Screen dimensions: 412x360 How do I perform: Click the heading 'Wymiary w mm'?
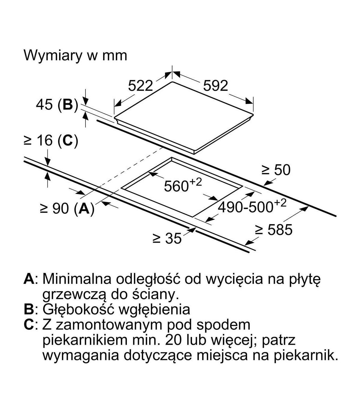point(75,56)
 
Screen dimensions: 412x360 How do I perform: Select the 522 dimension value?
point(140,86)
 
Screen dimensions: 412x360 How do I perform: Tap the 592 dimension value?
point(215,86)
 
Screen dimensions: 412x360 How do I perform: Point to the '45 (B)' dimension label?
point(57,105)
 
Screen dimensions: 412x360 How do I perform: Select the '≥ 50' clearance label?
point(276,170)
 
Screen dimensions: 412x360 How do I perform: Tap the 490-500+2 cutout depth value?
point(252,206)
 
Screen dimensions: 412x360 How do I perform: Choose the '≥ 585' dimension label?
point(273,230)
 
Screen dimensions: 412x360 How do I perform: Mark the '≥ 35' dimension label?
point(167,238)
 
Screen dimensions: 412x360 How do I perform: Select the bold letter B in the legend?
point(29,309)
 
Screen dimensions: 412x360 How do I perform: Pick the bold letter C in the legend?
point(29,325)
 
